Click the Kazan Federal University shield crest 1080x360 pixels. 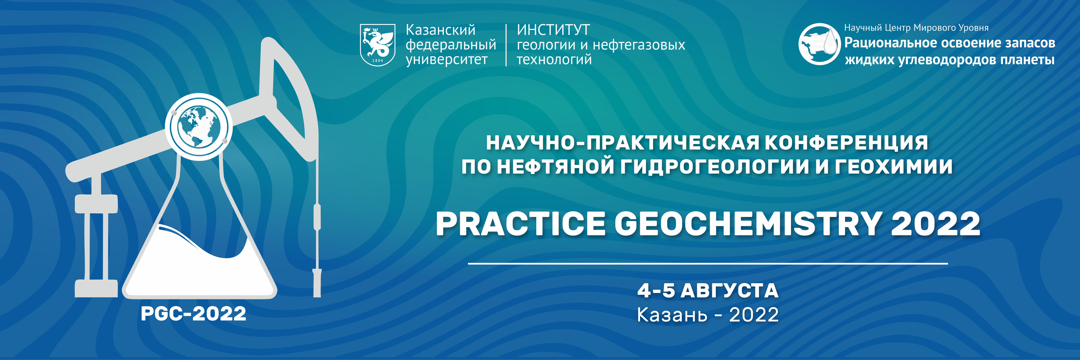pos(377,44)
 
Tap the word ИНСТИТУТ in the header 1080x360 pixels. pos(554,30)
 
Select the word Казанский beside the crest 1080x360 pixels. pos(441,30)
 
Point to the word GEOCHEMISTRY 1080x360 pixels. pos(748,223)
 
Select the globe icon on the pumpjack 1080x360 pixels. pos(199,127)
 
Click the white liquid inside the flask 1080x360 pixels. pos(197,268)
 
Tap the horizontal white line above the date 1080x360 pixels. pos(708,264)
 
